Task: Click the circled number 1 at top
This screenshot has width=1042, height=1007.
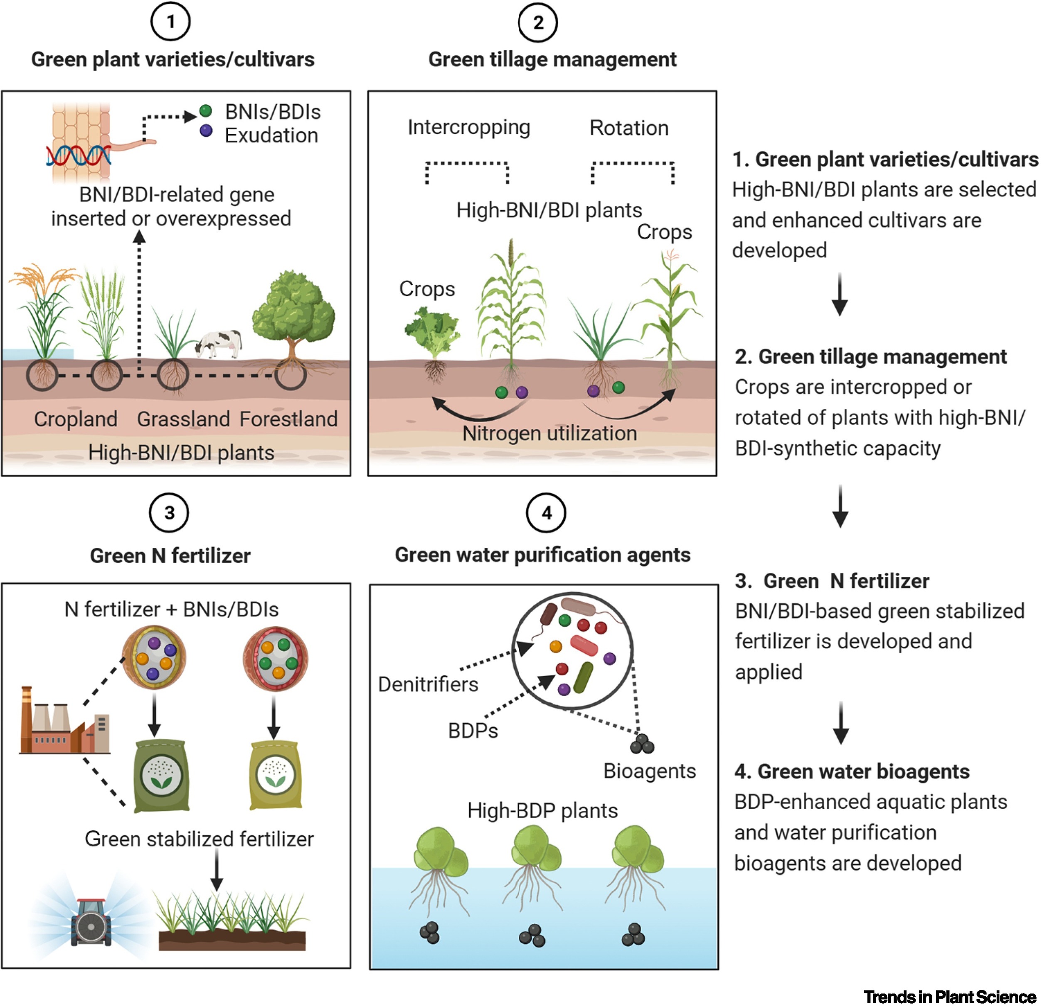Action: tap(170, 22)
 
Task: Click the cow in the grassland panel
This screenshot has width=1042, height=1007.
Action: tap(219, 343)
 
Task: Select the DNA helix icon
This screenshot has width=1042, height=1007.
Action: tap(79, 154)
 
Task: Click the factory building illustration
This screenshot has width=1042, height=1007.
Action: tap(64, 723)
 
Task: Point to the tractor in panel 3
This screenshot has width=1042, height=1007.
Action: tap(91, 925)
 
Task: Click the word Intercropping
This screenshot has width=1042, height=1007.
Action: tap(468, 128)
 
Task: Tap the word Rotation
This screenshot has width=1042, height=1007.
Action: tap(628, 128)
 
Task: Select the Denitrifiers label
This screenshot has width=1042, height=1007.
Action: tap(428, 684)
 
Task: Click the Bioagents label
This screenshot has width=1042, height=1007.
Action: tap(649, 771)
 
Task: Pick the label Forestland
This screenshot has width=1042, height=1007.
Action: tap(288, 419)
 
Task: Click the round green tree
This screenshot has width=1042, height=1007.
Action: tap(293, 314)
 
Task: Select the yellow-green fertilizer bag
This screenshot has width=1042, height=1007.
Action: tap(276, 775)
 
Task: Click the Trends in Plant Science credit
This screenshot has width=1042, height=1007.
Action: tap(949, 996)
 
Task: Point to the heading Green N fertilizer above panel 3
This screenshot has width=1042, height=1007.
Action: tap(170, 556)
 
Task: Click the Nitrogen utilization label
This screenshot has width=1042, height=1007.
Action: tap(549, 433)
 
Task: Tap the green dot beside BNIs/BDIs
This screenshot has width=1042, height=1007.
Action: tap(206, 111)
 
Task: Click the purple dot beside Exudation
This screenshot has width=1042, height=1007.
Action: tap(206, 131)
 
